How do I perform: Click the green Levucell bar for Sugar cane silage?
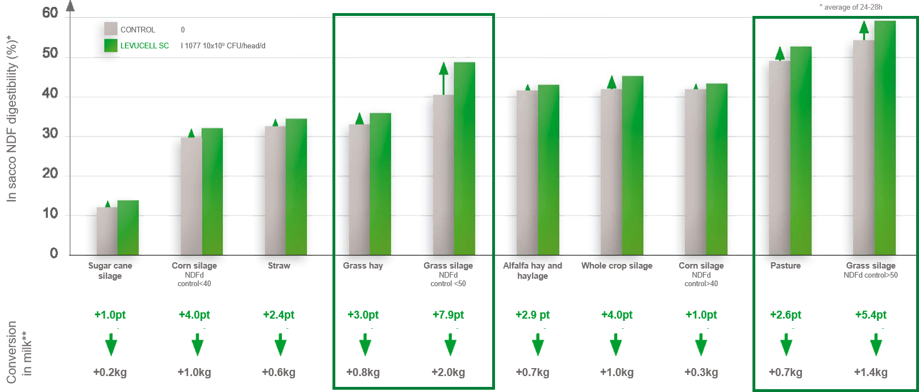coord(128,228)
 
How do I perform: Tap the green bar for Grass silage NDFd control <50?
coord(464,159)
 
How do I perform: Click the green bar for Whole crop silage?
coord(633,165)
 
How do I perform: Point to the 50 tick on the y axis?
coord(50,53)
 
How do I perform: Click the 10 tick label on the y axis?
coord(50,214)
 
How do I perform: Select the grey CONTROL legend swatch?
coord(111,29)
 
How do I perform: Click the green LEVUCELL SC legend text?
coord(144,46)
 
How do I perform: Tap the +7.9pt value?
coord(448,315)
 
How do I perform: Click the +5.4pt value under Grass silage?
coord(871,315)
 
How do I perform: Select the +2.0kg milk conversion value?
coord(448,373)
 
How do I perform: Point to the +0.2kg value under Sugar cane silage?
coord(110,373)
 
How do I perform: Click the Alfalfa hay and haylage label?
coord(533,271)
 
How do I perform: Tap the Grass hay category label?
coord(363,266)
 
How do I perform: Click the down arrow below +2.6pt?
coord(786,345)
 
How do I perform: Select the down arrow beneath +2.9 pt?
coord(538,345)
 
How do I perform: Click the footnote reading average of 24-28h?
coord(851,7)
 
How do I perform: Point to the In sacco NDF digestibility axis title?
coord(11,119)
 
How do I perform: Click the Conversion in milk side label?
coord(19,352)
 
